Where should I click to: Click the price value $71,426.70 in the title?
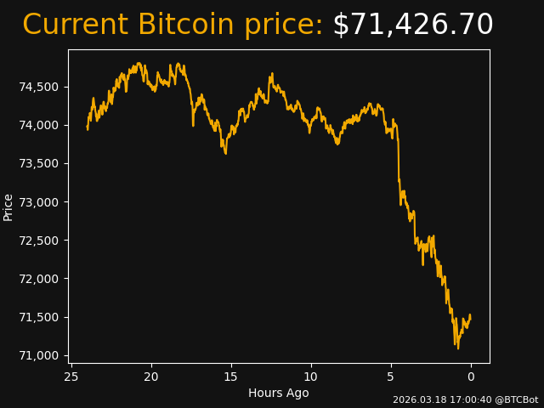[412, 25]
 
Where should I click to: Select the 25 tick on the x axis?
[71, 377]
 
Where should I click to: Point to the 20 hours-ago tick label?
[151, 377]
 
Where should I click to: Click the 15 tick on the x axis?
[231, 377]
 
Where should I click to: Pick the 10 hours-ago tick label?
[311, 377]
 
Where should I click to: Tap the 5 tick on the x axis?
[391, 377]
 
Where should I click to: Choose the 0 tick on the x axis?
[471, 377]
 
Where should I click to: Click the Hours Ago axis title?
[279, 393]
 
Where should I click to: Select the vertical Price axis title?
[8, 207]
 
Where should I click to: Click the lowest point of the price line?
[458, 348]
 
